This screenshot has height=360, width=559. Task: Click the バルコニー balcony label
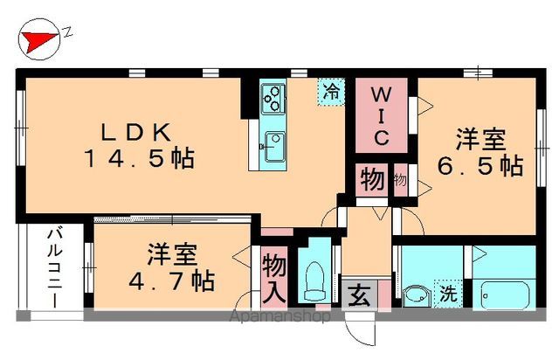click(x=54, y=267)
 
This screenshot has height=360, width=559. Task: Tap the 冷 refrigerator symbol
click(x=331, y=90)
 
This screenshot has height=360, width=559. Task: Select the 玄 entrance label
click(x=359, y=294)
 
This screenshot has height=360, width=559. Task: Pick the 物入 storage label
click(x=274, y=276)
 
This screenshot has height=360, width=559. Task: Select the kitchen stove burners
click(x=273, y=96)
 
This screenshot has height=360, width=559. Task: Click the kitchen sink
click(x=274, y=142)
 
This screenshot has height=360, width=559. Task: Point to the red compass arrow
click(x=37, y=38)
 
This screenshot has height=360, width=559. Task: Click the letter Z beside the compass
click(x=67, y=33)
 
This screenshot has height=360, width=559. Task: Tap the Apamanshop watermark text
click(x=279, y=317)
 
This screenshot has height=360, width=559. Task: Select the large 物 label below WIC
click(x=370, y=181)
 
